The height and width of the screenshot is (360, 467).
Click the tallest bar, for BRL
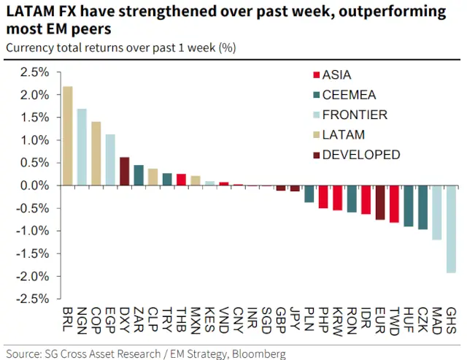pos(68,136)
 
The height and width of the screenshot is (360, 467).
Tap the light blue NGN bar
pos(82,147)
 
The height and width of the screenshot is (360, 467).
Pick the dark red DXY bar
pos(124,171)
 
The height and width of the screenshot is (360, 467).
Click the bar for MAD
pos(437,212)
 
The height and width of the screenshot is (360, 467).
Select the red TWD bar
pos(395,204)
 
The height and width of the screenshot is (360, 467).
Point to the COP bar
pos(96,153)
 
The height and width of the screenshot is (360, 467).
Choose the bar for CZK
pos(423,207)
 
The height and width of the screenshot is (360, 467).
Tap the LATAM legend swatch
pos(314,135)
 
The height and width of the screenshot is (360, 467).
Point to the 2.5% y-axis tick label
pos(34,72)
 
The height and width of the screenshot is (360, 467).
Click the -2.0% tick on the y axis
pos(33,276)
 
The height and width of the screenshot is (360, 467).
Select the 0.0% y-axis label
pos(34,185)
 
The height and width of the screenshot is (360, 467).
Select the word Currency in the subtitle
pos(26,47)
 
